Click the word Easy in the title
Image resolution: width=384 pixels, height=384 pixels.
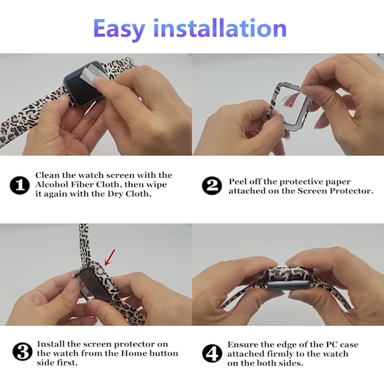[119, 29]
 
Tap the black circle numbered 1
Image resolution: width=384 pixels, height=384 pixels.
[20, 185]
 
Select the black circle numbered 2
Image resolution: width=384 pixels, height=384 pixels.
[212, 186]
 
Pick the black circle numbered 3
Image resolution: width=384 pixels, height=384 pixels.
[22, 351]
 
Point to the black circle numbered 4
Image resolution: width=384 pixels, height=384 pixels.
[212, 353]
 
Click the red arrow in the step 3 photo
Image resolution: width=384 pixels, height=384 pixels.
[109, 257]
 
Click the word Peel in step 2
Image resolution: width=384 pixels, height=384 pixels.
[237, 182]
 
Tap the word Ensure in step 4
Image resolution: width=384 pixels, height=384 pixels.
[243, 344]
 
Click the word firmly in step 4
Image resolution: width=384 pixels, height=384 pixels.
[282, 354]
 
